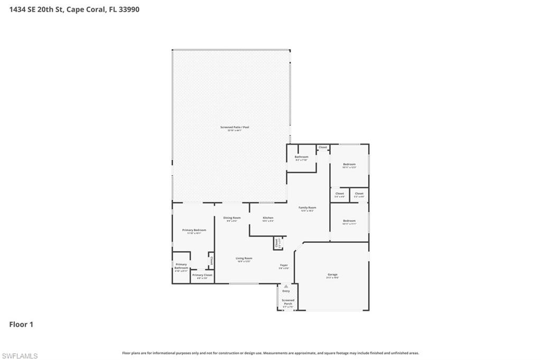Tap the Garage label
point(332,274)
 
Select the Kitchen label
point(268,217)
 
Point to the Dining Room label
point(232,217)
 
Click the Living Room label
point(244,258)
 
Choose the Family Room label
point(307,207)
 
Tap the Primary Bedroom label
point(194,230)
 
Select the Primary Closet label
point(202,275)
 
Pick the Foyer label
point(284,265)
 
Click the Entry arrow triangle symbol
point(286,286)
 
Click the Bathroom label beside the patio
point(301,157)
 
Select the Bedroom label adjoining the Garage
point(349,221)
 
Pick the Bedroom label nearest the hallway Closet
point(349,164)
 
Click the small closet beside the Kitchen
point(276,243)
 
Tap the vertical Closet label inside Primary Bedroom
point(211,260)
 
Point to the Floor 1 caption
point(21,325)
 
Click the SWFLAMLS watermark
point(20,356)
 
